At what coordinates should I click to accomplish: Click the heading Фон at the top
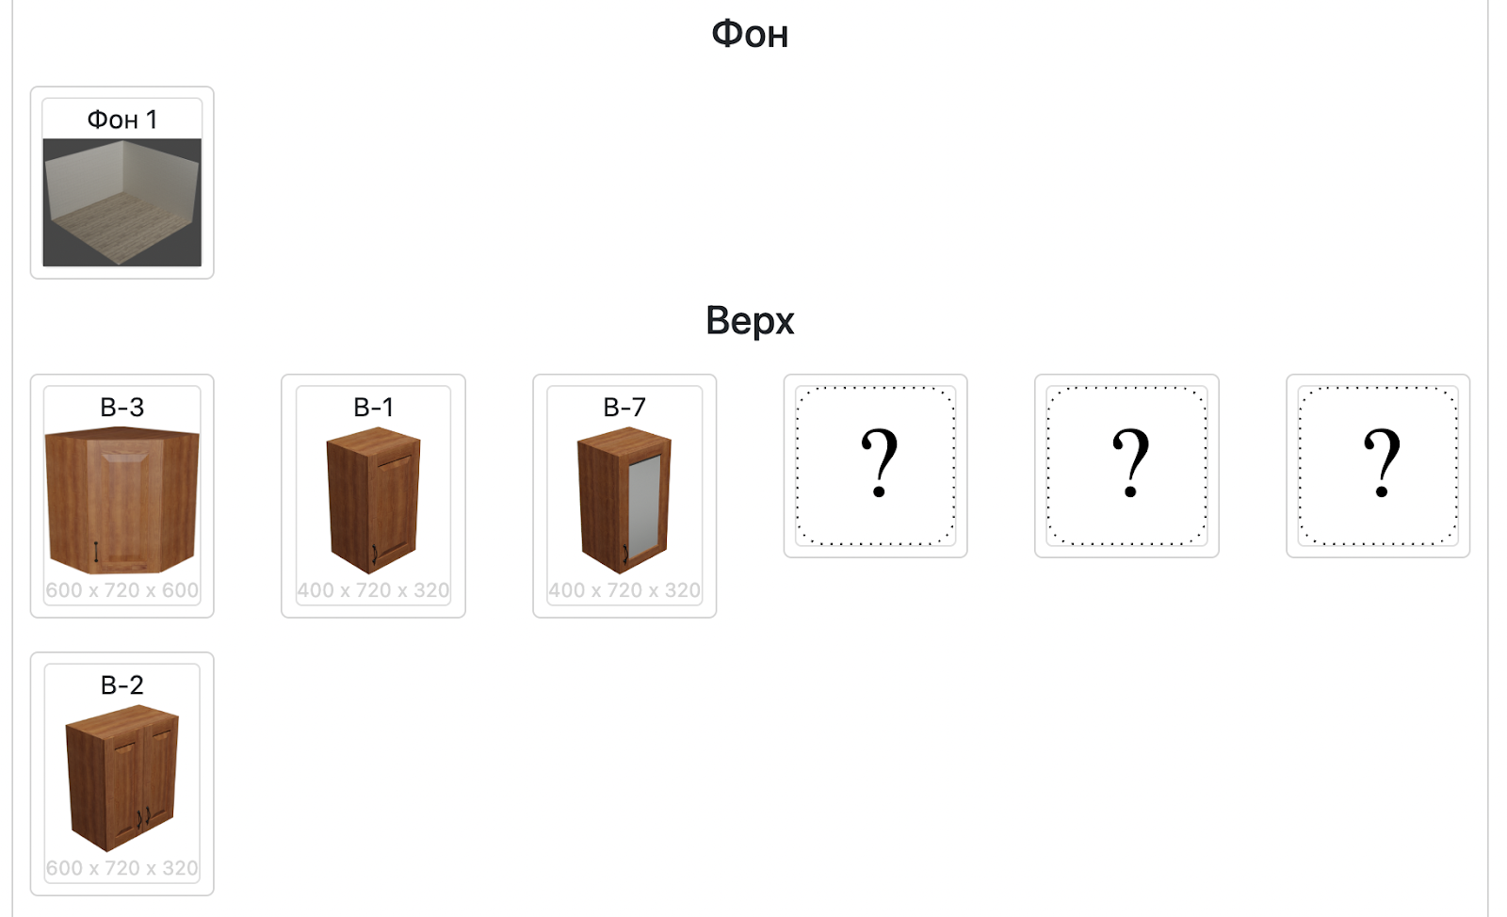750,34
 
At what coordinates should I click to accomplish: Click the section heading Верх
750,320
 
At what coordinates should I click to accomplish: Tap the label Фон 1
122,120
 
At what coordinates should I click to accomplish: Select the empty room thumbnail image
122,202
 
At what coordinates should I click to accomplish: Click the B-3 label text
122,407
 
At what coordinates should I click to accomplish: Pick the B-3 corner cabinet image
122,500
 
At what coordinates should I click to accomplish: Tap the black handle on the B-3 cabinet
96,552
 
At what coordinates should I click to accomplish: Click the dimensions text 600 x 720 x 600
122,589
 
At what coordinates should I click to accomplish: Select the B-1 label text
373,407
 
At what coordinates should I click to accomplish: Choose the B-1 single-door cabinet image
373,500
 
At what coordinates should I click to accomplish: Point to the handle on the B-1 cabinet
375,555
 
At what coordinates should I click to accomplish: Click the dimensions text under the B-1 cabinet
373,589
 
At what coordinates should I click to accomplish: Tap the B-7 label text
624,407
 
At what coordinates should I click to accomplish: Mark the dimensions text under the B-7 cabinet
624,589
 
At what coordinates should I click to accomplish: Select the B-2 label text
122,685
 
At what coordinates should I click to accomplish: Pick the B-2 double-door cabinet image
122,778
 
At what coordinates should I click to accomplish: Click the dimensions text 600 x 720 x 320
122,868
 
